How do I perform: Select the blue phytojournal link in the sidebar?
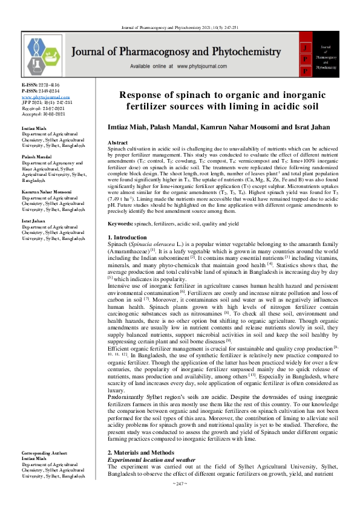pos(45,97)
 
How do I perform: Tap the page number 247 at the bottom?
pos(180,501)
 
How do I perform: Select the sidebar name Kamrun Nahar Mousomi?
pos(49,192)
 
